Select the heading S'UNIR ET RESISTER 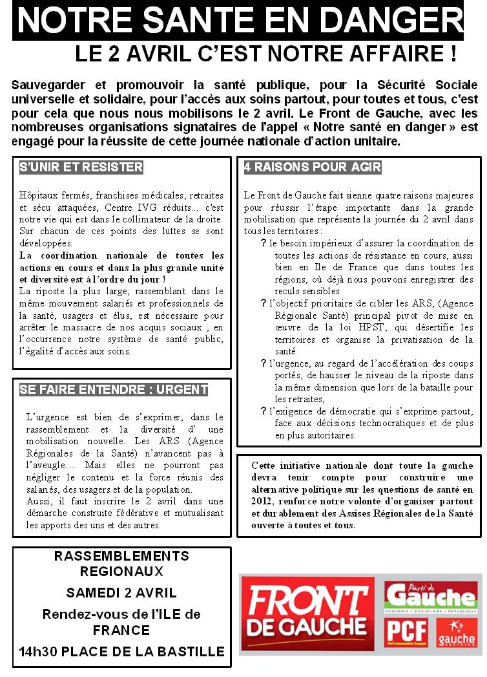(x=81, y=167)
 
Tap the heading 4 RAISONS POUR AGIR (x=313, y=167)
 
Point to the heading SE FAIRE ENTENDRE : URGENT (x=114, y=389)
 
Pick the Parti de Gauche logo (x=431, y=596)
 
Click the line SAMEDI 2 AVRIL (x=121, y=593)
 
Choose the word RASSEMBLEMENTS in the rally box (x=121, y=556)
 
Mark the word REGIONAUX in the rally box (x=121, y=572)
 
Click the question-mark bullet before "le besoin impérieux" (x=264, y=244)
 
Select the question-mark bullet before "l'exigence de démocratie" (x=264, y=412)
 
